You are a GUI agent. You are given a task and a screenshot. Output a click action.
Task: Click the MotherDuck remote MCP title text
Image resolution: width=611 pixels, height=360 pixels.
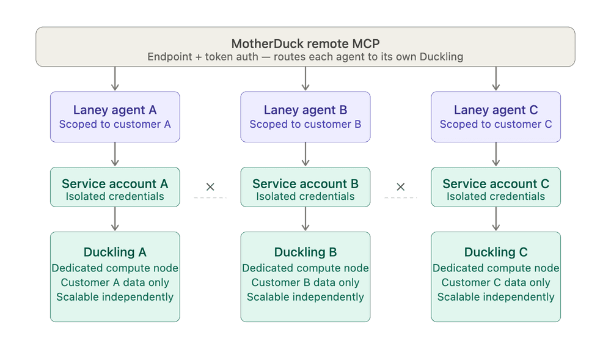305,44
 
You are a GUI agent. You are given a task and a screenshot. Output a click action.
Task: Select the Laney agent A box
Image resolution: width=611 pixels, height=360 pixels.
115,117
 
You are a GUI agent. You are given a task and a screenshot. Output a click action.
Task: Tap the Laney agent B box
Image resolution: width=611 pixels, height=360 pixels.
305,117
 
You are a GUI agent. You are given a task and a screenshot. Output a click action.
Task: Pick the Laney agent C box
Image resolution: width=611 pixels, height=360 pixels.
496,117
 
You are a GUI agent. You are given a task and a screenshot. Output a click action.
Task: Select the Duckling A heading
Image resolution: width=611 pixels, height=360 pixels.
115,252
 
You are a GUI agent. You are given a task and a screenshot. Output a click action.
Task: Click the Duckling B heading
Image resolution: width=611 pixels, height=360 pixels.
305,252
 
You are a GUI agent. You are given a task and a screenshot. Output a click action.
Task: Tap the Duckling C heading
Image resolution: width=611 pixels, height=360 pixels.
496,252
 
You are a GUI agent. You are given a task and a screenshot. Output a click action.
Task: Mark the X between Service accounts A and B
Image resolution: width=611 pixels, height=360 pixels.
210,186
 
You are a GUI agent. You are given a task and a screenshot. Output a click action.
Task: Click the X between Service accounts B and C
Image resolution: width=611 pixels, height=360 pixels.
401,186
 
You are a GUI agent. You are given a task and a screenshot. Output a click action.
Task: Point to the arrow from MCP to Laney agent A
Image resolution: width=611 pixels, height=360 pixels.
115,79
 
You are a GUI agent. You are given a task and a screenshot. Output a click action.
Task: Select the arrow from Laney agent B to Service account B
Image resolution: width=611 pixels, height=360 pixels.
305,155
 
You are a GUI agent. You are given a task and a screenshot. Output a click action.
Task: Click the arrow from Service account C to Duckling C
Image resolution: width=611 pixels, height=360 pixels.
496,219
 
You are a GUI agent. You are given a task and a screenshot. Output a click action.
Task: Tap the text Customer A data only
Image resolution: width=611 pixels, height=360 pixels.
115,282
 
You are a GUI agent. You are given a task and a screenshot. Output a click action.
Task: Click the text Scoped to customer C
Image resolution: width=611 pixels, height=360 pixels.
496,124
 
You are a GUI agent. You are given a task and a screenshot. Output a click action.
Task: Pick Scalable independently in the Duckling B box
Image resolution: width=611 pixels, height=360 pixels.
305,297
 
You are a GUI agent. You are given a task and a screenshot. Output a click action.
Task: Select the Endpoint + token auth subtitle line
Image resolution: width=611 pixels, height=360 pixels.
305,57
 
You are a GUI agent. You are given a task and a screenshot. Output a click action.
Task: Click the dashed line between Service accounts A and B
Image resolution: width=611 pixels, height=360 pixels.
210,197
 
